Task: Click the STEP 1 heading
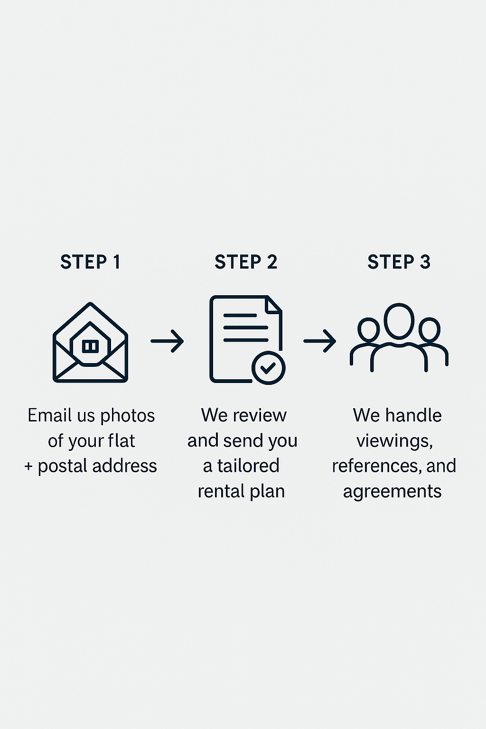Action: (x=90, y=262)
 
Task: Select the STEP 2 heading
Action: (x=246, y=262)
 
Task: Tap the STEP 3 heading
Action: (x=399, y=262)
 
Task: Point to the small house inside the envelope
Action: (x=90, y=346)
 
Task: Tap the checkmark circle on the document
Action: (x=268, y=368)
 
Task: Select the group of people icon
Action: (x=399, y=338)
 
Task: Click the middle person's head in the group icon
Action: (x=399, y=321)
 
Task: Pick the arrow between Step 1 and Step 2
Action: (x=167, y=341)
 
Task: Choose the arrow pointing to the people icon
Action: (x=320, y=341)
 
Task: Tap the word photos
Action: (x=128, y=416)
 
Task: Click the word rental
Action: (x=218, y=491)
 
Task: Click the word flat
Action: (x=121, y=441)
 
